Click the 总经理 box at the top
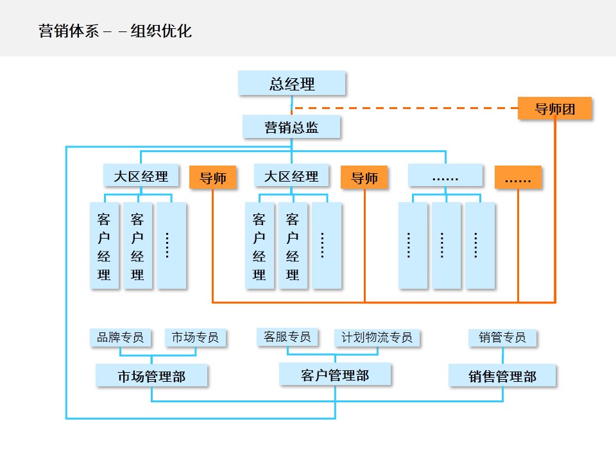point(292,83)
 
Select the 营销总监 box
point(291,126)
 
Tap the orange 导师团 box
point(554,108)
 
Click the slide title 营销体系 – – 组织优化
point(116,31)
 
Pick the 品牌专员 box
point(121,337)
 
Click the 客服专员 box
point(287,336)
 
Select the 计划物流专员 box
point(377,338)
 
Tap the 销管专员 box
point(502,337)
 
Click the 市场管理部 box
point(151,376)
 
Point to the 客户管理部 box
point(334,374)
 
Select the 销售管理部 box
point(502,376)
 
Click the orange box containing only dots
point(518,178)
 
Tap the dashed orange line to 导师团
point(404,108)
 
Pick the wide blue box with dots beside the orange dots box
point(445,175)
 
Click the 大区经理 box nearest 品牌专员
point(141,175)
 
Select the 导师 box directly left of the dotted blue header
point(364,178)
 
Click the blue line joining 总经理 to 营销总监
point(292,105)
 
